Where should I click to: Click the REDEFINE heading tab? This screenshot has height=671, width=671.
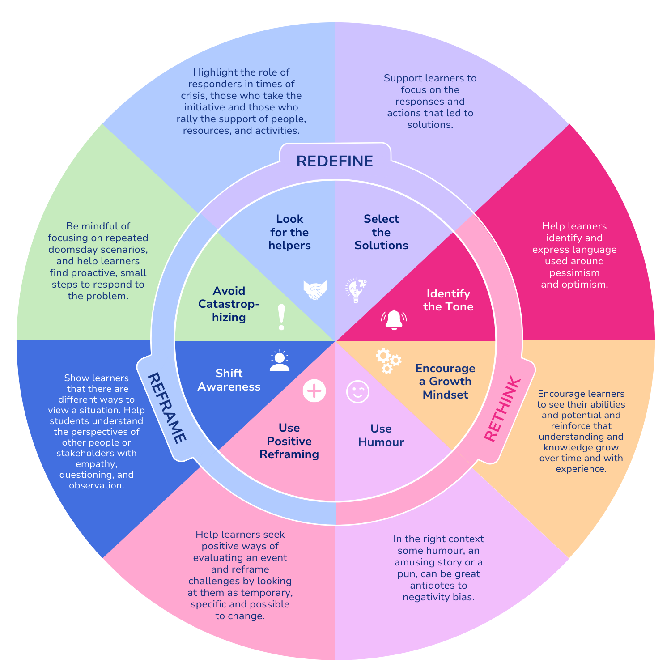tap(335, 161)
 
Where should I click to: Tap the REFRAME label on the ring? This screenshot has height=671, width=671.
tap(166, 408)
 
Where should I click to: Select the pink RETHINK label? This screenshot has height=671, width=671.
tap(502, 410)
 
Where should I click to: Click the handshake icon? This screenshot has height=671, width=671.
tap(315, 290)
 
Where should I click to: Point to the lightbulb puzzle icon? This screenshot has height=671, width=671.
tap(356, 290)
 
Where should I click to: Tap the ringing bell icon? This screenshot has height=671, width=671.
tap(394, 319)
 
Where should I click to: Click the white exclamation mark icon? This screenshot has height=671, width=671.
tap(281, 318)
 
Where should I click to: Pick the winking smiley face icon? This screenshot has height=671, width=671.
tap(358, 392)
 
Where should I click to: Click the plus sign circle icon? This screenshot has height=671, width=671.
tap(314, 391)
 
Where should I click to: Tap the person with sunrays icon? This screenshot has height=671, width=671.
tap(280, 361)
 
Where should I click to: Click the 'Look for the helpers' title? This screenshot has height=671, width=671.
tap(289, 232)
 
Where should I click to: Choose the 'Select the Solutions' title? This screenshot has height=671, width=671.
tap(381, 232)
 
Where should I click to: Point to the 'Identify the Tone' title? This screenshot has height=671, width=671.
tap(448, 300)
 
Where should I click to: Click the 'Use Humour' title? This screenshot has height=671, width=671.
tap(381, 435)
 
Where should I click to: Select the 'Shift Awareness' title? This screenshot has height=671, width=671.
tap(229, 380)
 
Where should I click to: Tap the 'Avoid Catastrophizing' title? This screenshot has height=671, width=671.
tap(229, 304)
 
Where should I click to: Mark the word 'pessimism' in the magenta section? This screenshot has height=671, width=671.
tap(574, 273)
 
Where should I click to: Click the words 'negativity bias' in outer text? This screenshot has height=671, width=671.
tap(438, 597)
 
